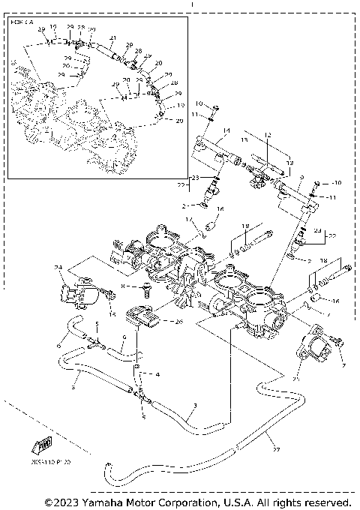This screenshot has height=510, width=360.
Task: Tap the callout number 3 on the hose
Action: [x=195, y=406]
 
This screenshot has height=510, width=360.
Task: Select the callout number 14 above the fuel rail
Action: [x=226, y=130]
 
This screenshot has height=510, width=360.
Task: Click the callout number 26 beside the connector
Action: [x=178, y=322]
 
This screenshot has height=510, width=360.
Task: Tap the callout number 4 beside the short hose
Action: [x=157, y=373]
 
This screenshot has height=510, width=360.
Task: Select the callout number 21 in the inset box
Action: [x=113, y=38]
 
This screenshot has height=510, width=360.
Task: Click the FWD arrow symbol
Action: [x=42, y=447]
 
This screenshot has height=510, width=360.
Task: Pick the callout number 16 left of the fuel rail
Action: [x=220, y=209]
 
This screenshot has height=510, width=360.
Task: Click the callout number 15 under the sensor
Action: [x=112, y=315]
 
